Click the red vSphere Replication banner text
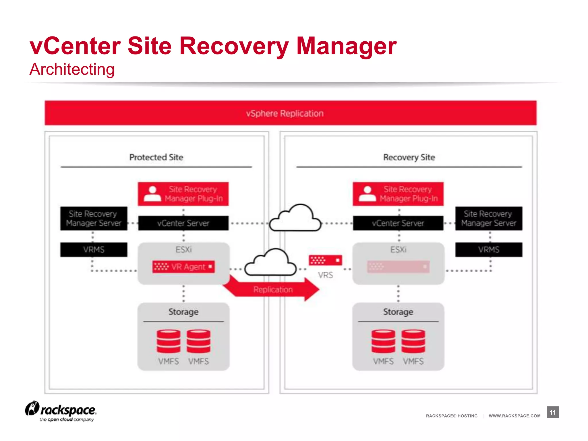click(285, 113)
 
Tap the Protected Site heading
click(156, 157)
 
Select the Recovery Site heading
click(409, 157)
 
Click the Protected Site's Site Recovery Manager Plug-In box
click(183, 194)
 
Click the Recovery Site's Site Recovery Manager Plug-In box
click(398, 194)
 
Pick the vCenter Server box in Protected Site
click(183, 223)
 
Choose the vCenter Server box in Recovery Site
click(398, 223)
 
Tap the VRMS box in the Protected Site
click(94, 249)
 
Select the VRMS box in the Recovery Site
click(489, 249)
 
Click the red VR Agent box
click(183, 267)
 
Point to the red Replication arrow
click(273, 289)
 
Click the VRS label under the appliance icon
click(325, 275)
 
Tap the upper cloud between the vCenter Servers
click(295, 218)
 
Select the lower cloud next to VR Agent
click(270, 263)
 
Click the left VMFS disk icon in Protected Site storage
click(169, 341)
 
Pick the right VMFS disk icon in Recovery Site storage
click(413, 341)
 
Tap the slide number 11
click(552, 412)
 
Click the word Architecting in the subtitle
click(72, 69)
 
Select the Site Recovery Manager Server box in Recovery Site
click(489, 218)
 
